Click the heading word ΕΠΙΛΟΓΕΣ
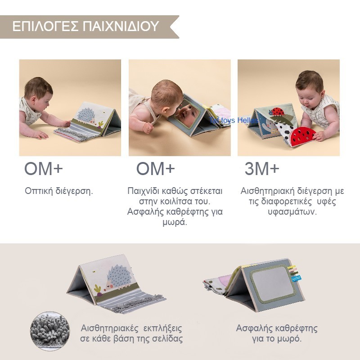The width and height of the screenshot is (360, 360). pos(39,26)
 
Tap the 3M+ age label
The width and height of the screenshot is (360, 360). pos(261,169)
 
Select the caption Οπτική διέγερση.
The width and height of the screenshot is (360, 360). pos(58,191)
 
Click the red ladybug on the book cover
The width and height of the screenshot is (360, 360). pos(275,111)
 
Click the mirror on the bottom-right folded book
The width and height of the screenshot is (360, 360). pos(269,287)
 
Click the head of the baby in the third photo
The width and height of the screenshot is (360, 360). pos(310,84)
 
